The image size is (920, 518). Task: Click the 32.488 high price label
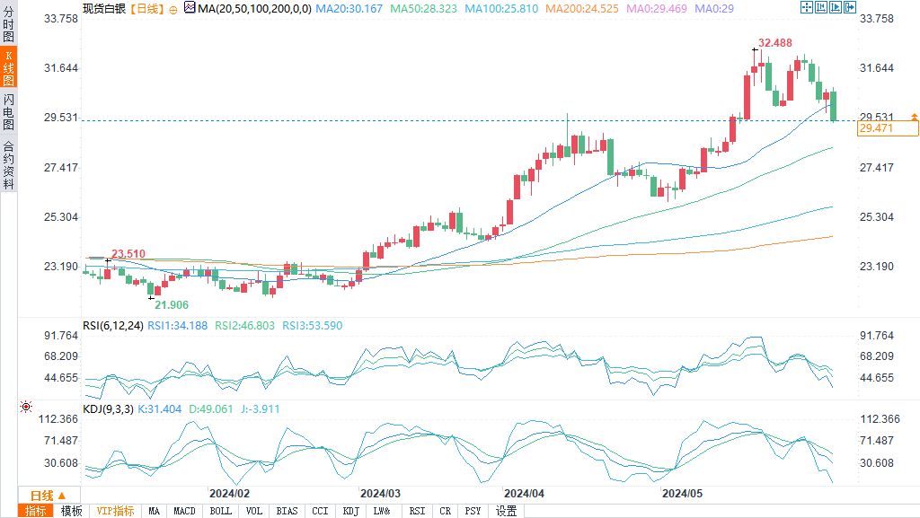point(774,43)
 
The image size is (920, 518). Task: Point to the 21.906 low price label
point(170,305)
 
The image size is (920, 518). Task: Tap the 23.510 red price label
point(128,254)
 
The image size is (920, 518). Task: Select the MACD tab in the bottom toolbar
point(184,511)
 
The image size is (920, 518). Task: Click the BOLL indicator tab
point(220,511)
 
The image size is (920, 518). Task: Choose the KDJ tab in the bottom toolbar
point(350,511)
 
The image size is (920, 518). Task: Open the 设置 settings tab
point(506,511)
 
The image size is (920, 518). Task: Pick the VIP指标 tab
point(116,511)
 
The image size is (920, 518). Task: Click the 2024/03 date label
point(380,493)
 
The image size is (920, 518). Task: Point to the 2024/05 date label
point(682,493)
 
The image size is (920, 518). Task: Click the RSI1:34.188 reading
point(182,325)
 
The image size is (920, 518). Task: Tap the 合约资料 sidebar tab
point(8,165)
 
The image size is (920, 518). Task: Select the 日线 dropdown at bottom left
point(48,496)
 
